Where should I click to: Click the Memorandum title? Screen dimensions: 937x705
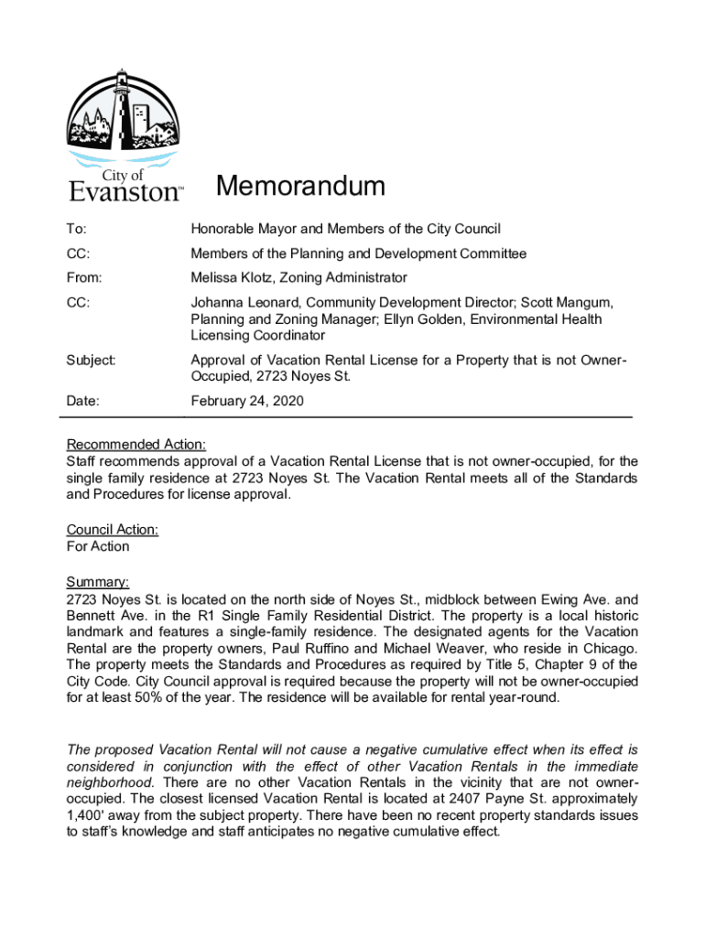[300, 187]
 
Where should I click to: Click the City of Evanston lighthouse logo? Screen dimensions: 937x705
[125, 134]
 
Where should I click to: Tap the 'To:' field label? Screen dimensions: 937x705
[76, 229]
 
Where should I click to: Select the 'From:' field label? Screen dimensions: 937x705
[84, 277]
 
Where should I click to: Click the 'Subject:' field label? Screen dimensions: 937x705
[89, 361]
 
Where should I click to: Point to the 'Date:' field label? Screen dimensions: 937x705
[82, 401]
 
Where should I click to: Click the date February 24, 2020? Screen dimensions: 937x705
[247, 401]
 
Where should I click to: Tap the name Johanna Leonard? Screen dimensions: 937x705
[244, 302]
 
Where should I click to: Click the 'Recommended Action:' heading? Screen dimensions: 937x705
[136, 445]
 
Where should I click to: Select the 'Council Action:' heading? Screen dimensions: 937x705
[113, 530]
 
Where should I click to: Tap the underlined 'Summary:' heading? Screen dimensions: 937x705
[98, 582]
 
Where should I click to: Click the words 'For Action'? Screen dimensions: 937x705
[98, 546]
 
